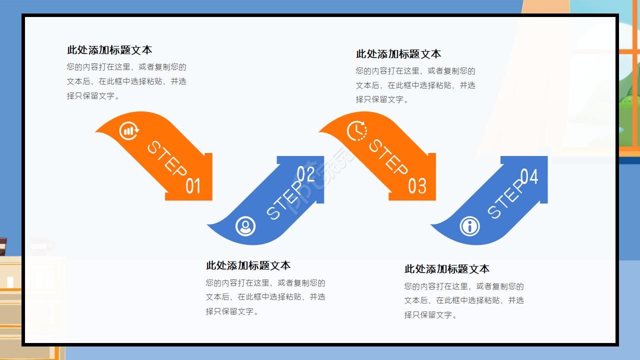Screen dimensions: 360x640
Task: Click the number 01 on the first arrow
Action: [193, 186]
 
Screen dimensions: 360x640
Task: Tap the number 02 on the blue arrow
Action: [306, 173]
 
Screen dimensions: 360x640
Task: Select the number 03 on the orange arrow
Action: [417, 186]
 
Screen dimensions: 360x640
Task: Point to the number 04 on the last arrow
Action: [529, 176]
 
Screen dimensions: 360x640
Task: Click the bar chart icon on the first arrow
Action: [129, 131]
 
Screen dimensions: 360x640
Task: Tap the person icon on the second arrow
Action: [245, 226]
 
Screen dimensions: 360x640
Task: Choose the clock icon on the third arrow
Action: [356, 131]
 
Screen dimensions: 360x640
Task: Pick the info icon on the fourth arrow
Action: [469, 226]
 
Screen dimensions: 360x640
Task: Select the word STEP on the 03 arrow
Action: [388, 157]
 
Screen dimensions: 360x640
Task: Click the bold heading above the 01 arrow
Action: [109, 50]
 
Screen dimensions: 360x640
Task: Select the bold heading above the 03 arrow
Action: [398, 54]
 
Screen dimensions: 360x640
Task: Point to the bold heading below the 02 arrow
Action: [248, 265]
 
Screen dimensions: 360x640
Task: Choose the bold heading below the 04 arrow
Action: [446, 269]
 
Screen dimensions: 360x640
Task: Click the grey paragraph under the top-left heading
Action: [126, 81]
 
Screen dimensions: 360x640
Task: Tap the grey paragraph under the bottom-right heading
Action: [464, 300]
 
